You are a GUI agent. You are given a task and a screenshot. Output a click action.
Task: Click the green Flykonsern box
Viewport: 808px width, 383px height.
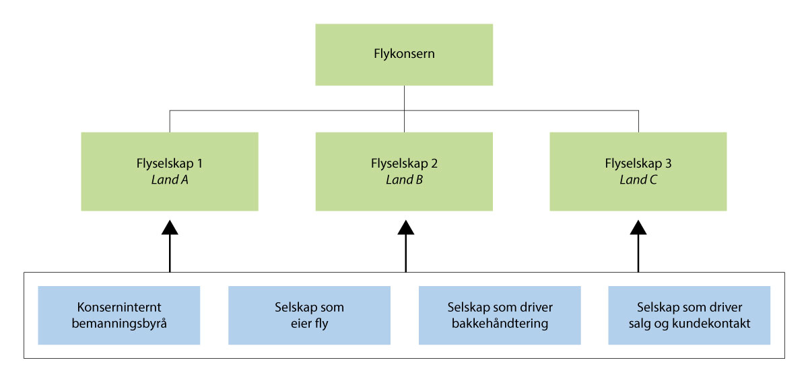coord(404,54)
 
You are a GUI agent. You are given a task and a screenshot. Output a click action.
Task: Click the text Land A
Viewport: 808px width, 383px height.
coord(170,180)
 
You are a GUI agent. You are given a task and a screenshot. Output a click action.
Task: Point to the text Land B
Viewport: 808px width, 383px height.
coord(404,180)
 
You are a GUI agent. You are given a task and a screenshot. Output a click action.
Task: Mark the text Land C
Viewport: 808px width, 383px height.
coord(638,180)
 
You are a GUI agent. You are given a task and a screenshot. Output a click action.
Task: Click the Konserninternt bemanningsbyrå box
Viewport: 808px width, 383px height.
coord(119,315)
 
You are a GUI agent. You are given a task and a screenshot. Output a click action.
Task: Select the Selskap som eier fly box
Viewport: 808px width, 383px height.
coord(309,315)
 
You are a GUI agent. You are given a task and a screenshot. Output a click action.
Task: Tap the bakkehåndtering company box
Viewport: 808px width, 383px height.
coord(500,315)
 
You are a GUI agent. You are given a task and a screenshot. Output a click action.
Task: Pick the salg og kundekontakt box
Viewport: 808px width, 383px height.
coord(689,315)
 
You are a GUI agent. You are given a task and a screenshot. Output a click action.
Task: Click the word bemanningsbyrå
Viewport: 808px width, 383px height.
coord(119,323)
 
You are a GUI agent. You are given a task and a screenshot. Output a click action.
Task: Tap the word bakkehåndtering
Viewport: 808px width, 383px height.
coord(500,323)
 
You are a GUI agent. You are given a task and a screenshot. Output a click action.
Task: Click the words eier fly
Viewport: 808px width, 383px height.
coord(309,323)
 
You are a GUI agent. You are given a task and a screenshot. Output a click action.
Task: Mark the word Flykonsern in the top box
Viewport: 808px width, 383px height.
coord(404,54)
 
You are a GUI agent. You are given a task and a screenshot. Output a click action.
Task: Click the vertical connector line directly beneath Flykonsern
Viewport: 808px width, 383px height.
coord(404,97)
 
